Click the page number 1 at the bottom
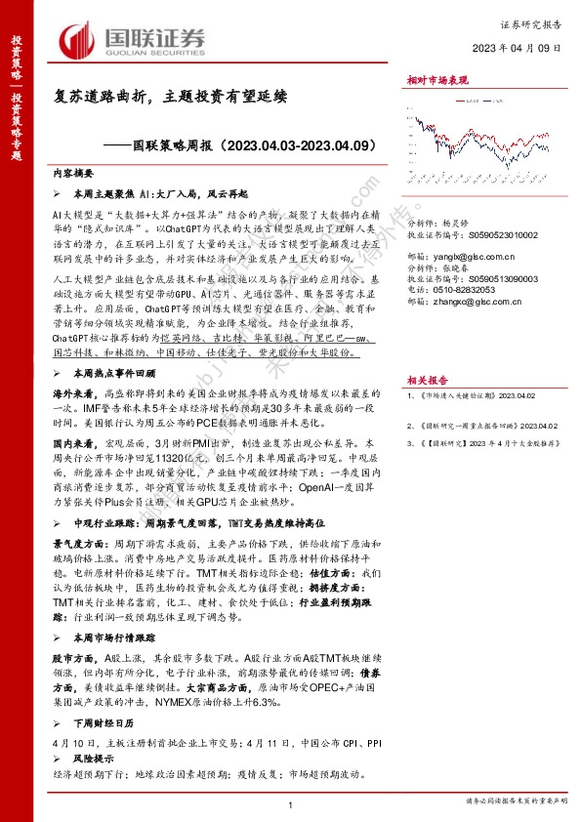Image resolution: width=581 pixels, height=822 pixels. click(x=291, y=802)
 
